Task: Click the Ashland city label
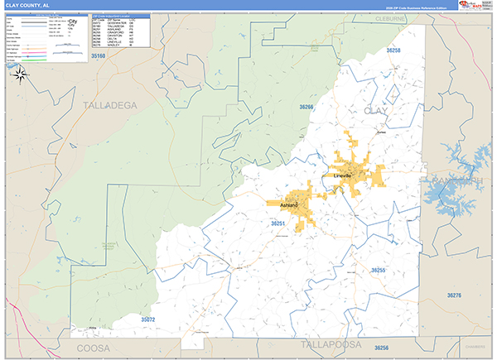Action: coord(289,204)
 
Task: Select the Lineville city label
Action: coord(343,176)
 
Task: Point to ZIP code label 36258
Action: coord(393,50)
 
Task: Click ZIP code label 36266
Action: coord(306,107)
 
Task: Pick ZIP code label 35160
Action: coord(99,55)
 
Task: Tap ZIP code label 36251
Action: coord(278,223)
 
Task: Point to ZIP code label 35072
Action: coord(147,319)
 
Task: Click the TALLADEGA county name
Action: coord(113,105)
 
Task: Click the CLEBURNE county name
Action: coord(390,17)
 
